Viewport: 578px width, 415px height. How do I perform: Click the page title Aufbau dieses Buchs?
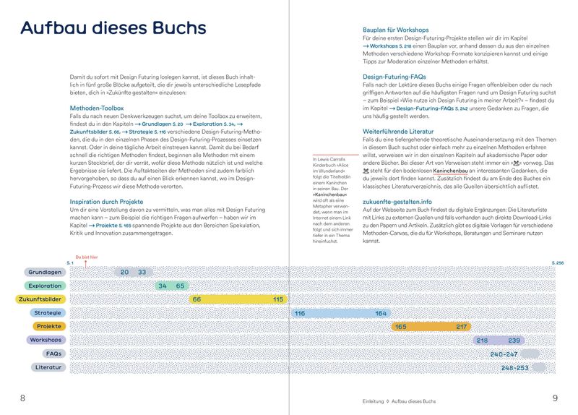pyautogui.click(x=113, y=28)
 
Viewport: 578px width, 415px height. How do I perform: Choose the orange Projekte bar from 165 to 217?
pyautogui.click(x=431, y=327)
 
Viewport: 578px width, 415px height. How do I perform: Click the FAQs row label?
pyautogui.click(x=53, y=354)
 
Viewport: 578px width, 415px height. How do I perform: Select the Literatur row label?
pyautogui.click(x=48, y=368)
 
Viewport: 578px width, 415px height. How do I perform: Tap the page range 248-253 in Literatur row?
pyautogui.click(x=514, y=368)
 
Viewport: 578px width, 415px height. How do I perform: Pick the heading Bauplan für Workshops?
pyautogui.click(x=403, y=29)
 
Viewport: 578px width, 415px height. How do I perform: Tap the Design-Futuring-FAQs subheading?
pyautogui.click(x=394, y=76)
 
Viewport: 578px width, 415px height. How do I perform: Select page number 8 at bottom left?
pyautogui.click(x=23, y=398)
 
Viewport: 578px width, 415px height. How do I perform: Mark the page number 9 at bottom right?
pyautogui.click(x=555, y=398)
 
